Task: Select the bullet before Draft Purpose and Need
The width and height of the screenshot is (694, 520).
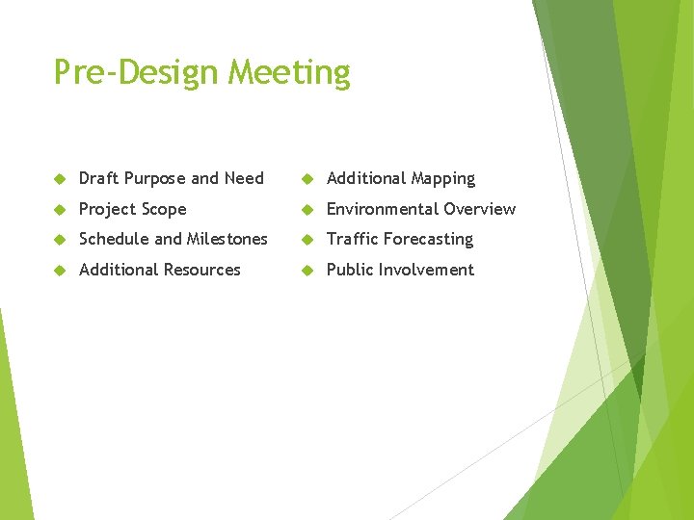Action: [60, 179]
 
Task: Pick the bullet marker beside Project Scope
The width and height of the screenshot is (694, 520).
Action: [60, 210]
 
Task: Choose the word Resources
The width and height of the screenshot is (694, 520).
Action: [200, 270]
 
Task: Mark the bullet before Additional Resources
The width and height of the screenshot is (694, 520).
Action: [60, 271]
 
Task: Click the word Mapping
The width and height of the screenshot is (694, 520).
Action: [442, 179]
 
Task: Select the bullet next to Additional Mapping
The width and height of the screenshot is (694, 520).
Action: [307, 179]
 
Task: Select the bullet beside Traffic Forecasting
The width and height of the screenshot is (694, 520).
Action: [307, 240]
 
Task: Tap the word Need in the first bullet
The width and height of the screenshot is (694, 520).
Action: [244, 178]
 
